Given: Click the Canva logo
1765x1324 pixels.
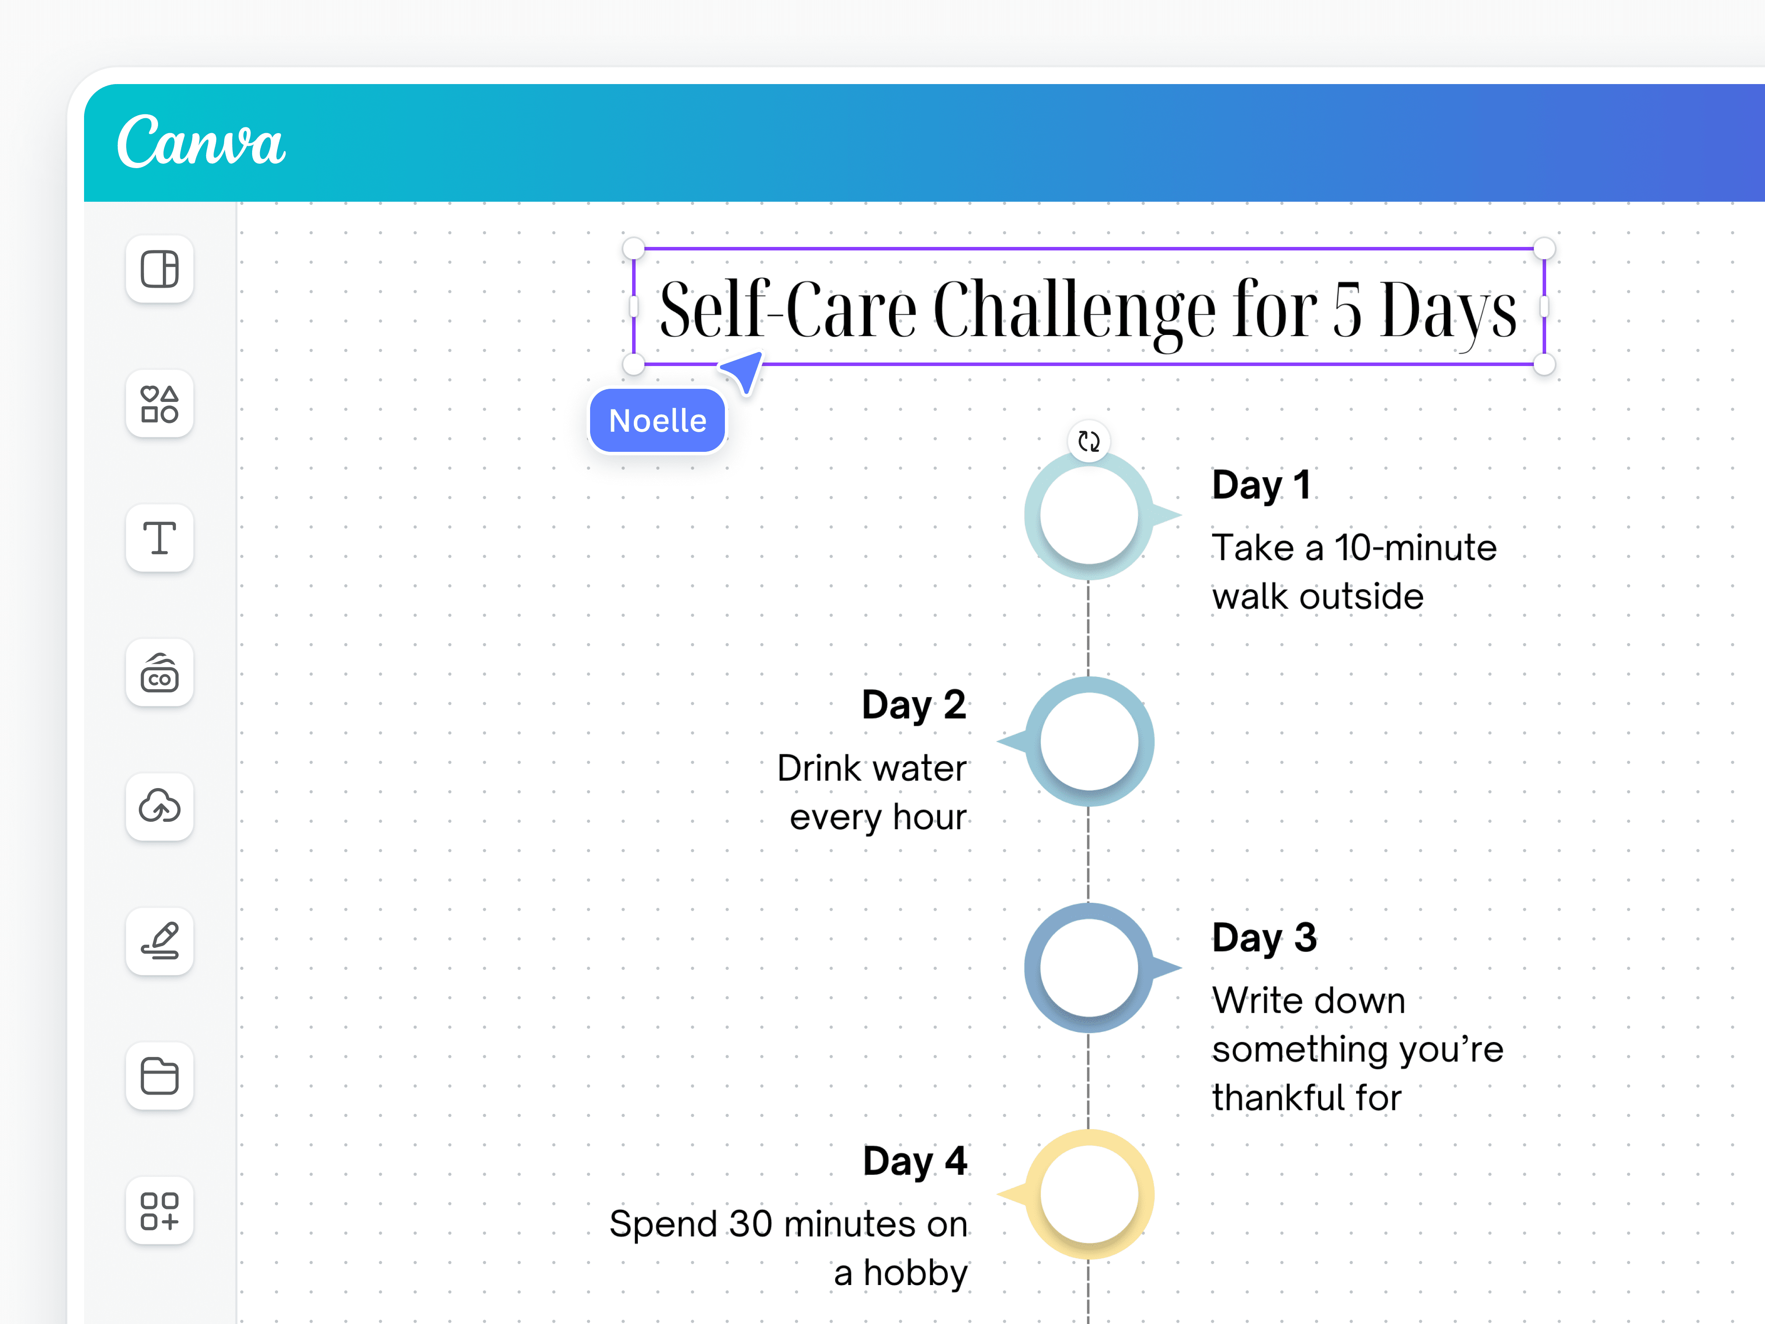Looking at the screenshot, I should (x=201, y=141).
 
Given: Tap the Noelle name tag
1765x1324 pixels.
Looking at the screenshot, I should (x=657, y=421).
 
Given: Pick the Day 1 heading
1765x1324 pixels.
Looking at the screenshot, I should (x=1261, y=484).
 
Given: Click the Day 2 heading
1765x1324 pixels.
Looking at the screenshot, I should (x=914, y=705).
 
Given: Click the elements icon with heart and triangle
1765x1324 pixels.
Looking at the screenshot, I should (x=160, y=404).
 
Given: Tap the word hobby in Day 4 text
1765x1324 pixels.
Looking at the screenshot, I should (x=915, y=1273).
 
